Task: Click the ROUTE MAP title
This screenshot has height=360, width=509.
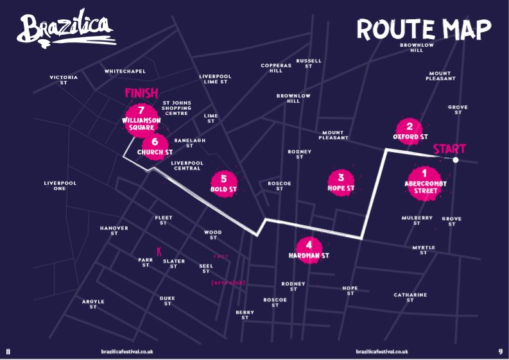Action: (x=424, y=29)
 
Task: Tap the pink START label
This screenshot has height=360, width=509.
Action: (x=449, y=150)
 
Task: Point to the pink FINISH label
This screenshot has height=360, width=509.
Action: (x=141, y=94)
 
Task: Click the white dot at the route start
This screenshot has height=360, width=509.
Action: (x=455, y=160)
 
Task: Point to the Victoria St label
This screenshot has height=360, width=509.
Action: (x=64, y=80)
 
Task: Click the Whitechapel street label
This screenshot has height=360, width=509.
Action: (x=125, y=71)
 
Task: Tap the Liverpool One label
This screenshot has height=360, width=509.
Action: (x=60, y=186)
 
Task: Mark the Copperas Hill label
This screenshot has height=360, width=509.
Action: (x=276, y=67)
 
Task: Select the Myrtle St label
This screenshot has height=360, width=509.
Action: (x=424, y=250)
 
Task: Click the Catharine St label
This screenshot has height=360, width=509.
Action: (x=410, y=297)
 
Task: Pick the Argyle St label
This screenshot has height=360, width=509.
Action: (x=93, y=304)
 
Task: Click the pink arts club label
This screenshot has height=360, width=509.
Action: (x=228, y=283)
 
